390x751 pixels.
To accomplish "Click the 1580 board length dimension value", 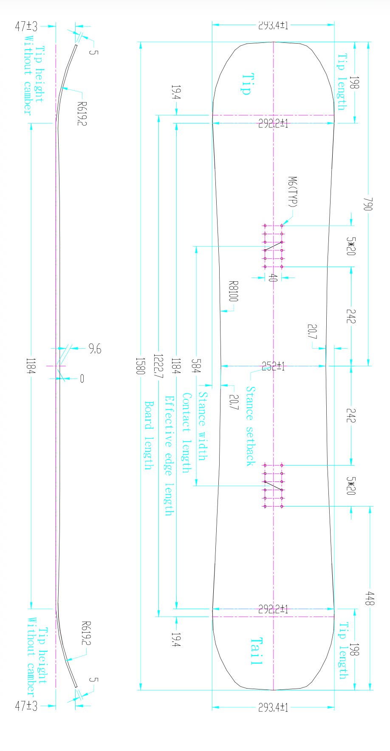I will pos(140,365).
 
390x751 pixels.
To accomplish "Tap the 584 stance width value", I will pos(196,366).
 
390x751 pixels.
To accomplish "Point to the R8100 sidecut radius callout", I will pos(233,291).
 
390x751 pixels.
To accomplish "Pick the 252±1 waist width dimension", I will pos(273,366).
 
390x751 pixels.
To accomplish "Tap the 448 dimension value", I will pos(370,599).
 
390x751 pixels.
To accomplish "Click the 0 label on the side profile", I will pos(82,378).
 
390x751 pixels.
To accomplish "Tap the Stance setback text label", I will pos(251,426).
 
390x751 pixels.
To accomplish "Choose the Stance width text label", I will pos(203,426).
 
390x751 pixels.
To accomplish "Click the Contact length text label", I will pos(186,432).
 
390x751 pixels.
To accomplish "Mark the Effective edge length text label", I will pos(169,456).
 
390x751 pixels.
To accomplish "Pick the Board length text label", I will pos(148,435).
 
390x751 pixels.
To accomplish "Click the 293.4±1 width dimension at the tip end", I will pos(273,25).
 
